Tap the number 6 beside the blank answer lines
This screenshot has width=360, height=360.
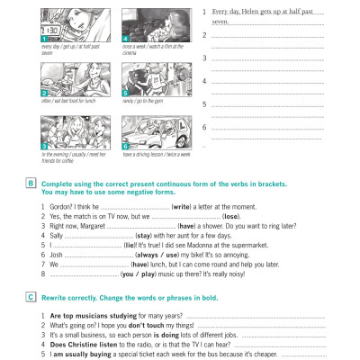click(206, 125)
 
